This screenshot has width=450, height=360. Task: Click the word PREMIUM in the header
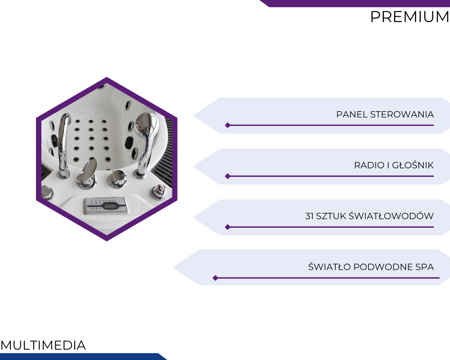coord(409,17)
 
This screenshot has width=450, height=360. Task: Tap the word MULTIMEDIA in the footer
coord(43,345)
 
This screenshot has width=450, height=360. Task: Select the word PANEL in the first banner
coord(352,114)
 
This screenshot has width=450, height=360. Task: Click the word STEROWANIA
coord(402,114)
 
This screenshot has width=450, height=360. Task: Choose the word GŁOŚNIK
coord(413,165)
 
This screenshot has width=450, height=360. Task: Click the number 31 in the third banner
coord(309,216)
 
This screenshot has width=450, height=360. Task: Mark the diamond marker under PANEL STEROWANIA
coord(228,125)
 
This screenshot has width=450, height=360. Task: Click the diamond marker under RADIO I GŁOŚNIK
coord(228,176)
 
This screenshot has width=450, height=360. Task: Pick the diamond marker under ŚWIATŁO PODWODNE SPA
coord(215,278)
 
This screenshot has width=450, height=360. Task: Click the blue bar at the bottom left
coord(83,356)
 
